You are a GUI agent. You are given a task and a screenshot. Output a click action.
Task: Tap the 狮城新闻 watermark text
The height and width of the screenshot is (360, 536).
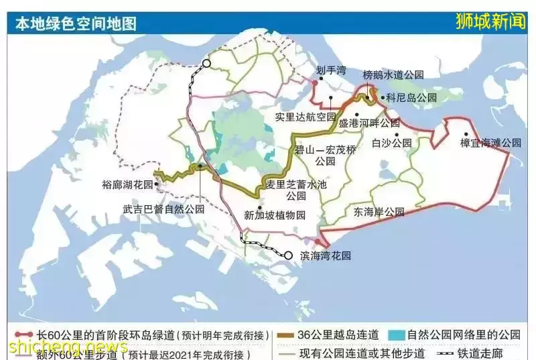(492, 20)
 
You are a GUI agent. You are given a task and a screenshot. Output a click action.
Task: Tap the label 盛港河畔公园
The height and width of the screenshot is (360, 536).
(369, 123)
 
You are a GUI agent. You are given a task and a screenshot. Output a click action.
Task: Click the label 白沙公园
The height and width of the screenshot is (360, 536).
(392, 142)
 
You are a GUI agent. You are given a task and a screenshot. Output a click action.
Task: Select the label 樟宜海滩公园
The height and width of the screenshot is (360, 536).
(490, 143)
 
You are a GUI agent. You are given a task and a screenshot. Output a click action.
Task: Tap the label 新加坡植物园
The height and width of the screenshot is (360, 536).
(275, 215)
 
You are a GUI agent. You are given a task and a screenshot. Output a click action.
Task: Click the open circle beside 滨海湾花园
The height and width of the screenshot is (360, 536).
(288, 255)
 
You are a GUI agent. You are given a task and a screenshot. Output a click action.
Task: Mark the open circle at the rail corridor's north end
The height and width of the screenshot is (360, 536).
(207, 64)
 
